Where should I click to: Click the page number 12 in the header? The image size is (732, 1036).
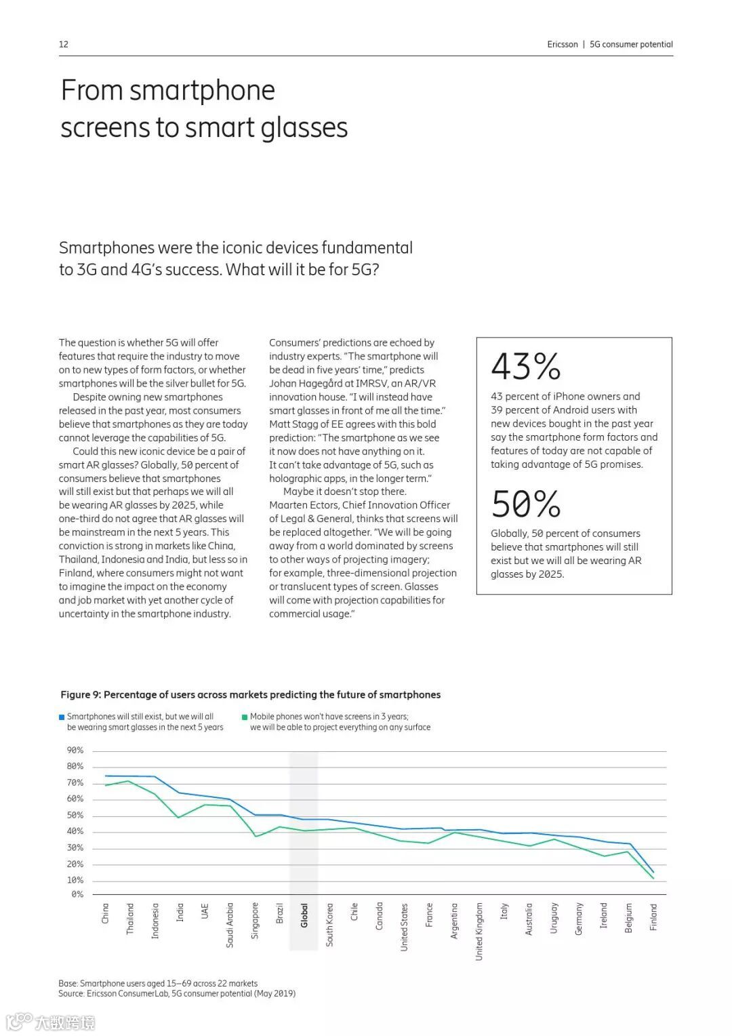64,44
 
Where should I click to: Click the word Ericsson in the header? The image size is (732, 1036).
563,44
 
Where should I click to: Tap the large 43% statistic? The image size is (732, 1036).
526,366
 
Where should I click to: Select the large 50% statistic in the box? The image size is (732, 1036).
526,504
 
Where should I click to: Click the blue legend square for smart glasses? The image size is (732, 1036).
62,717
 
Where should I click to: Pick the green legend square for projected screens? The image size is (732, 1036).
245,717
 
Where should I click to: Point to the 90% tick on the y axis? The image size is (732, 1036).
75,751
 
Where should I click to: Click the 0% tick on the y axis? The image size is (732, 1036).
77,894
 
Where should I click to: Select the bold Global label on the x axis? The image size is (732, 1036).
304,915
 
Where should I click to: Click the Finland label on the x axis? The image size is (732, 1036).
653,917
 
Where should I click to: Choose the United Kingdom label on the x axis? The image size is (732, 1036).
479,931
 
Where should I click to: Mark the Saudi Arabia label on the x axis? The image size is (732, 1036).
230,924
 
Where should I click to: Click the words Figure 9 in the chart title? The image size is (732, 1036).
80,695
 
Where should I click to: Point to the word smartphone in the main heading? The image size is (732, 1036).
202,90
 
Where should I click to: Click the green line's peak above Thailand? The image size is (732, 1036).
129,781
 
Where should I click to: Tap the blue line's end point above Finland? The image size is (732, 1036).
653,872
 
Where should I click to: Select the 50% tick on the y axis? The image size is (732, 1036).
75,816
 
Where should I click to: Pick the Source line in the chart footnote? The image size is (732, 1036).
176,993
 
